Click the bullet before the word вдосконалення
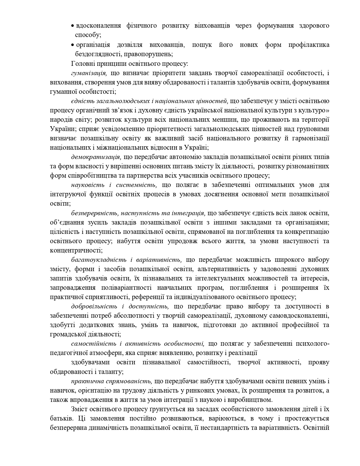pyautogui.click(x=73, y=26)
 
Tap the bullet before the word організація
pyautogui.click(x=73, y=45)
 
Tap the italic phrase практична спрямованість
pyautogui.click(x=112, y=381)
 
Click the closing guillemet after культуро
pyautogui.click(x=328, y=110)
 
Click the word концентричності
pyautogui.click(x=75, y=251)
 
